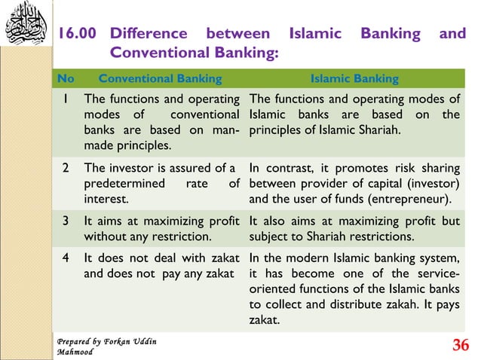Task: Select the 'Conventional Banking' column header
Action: pyautogui.click(x=161, y=78)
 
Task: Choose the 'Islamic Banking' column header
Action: pyautogui.click(x=355, y=78)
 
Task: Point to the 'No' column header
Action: pyautogui.click(x=66, y=78)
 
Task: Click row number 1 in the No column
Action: pyautogui.click(x=67, y=99)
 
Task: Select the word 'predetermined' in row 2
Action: pyautogui.click(x=121, y=185)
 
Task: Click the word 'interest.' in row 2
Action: pyautogui.click(x=106, y=200)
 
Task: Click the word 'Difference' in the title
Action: pyautogui.click(x=149, y=34)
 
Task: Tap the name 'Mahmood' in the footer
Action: pyautogui.click(x=75, y=352)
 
